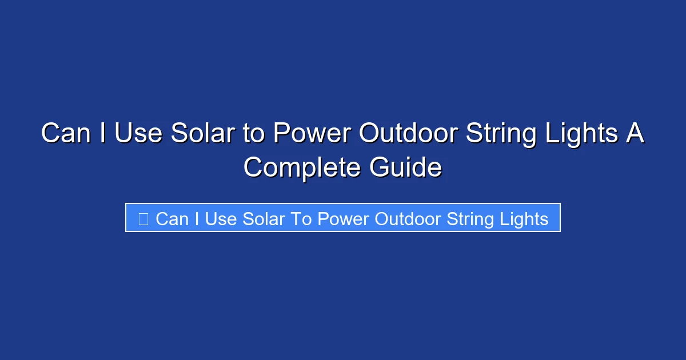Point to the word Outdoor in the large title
(x=408, y=134)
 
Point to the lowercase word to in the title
(x=252, y=134)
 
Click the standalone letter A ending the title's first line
(x=635, y=134)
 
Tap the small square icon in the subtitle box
(x=143, y=218)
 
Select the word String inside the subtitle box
(x=467, y=219)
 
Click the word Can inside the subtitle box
(x=173, y=218)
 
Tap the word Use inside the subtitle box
(x=221, y=218)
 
